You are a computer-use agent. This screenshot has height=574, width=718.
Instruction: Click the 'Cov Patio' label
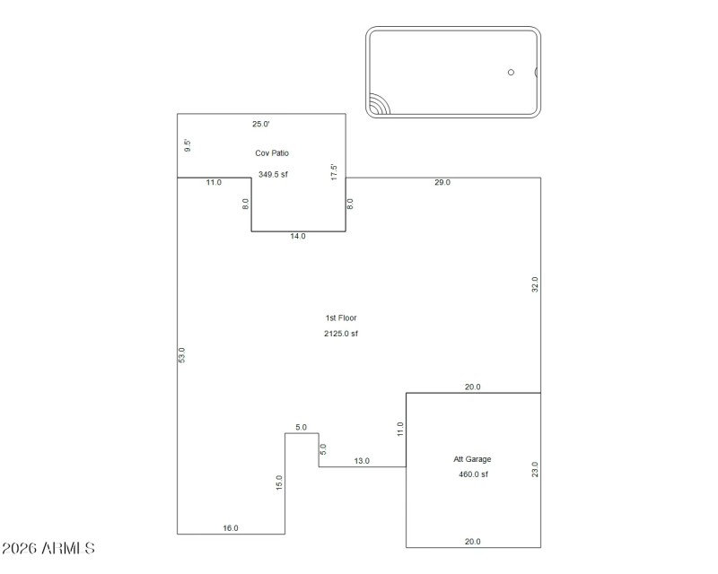272,153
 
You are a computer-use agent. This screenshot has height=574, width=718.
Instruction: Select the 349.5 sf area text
273,175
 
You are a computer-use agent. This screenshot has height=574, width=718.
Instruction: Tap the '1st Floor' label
340,318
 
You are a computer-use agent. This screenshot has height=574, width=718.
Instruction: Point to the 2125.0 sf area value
341,334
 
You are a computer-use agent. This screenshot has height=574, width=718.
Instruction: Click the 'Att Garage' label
472,459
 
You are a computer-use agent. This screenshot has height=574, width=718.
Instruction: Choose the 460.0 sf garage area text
473,474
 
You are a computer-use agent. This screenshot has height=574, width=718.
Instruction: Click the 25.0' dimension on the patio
260,125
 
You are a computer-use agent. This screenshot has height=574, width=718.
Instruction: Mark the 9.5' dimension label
188,145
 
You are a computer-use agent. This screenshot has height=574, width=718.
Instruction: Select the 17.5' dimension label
334,171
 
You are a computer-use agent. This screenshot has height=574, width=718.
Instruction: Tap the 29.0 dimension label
442,183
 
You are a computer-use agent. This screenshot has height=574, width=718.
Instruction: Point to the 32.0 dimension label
535,285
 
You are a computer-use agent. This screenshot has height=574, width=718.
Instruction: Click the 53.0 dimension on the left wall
182,355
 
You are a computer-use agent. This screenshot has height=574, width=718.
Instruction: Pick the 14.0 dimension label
298,237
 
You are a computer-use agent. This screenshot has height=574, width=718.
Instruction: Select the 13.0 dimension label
362,461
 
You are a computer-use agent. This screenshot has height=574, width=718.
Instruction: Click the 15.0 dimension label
279,483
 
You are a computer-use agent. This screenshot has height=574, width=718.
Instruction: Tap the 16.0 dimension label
231,528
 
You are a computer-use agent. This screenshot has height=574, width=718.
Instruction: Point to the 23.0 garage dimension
535,470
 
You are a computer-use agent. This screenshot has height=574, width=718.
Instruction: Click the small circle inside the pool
511,73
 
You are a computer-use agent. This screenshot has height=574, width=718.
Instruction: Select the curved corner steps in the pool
379,105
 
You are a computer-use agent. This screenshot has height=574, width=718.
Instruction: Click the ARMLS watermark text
48,548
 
